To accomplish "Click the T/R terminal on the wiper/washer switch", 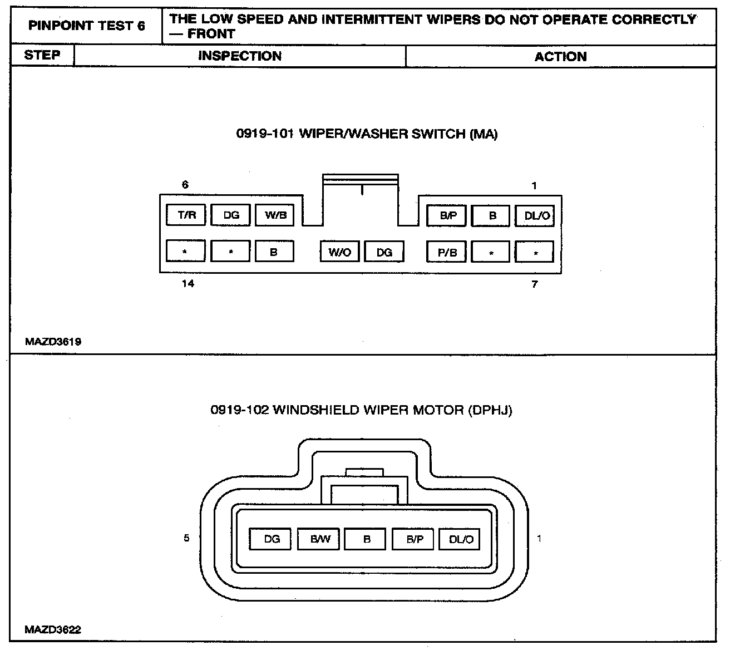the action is (x=186, y=215).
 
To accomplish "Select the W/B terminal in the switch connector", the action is (x=274, y=215).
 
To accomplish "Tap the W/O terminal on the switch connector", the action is (x=339, y=252).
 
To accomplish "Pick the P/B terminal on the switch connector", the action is (x=446, y=252).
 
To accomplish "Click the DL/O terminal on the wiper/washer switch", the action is (x=535, y=215).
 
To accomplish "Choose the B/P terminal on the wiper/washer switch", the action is (x=446, y=215).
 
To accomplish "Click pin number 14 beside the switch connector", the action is (x=188, y=284).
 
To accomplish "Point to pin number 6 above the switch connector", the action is (x=185, y=185).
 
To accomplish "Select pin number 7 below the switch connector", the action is (x=535, y=284).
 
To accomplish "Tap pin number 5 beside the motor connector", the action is (x=186, y=538).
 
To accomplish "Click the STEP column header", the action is (x=42, y=56).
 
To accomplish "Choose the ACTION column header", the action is (x=560, y=56).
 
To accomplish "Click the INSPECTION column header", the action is (x=240, y=56).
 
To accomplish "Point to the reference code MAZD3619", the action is (x=53, y=342).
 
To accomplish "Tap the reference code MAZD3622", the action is (x=53, y=630).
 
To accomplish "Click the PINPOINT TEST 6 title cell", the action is (x=86, y=26).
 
